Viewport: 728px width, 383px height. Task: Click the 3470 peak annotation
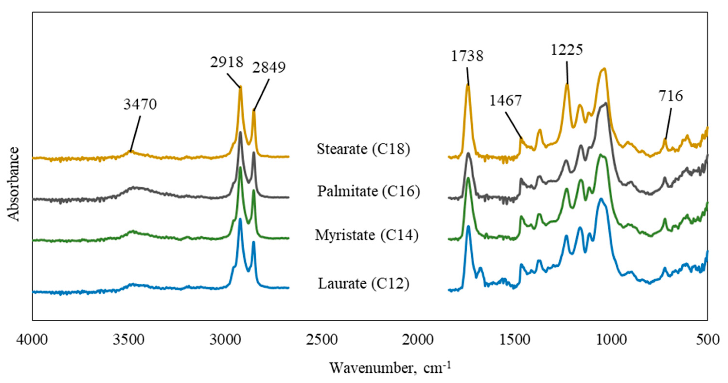coord(140,104)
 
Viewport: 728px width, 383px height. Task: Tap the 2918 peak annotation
coord(227,62)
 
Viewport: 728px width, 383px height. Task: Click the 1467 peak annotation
coord(505,100)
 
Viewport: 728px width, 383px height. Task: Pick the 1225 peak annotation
coord(567,50)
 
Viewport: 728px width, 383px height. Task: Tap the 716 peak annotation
coord(671,96)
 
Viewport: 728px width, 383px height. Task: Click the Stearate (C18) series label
coord(363,149)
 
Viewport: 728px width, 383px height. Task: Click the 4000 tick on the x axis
coord(32,340)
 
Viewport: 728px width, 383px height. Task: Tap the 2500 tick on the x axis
coord(322,340)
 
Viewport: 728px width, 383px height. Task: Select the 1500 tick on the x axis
coord(515,340)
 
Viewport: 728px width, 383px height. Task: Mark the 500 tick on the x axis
coord(708,340)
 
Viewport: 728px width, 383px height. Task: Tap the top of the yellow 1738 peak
coord(468,85)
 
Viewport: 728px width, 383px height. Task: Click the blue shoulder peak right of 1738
coord(480,268)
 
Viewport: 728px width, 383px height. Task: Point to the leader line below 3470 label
coord(135,133)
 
